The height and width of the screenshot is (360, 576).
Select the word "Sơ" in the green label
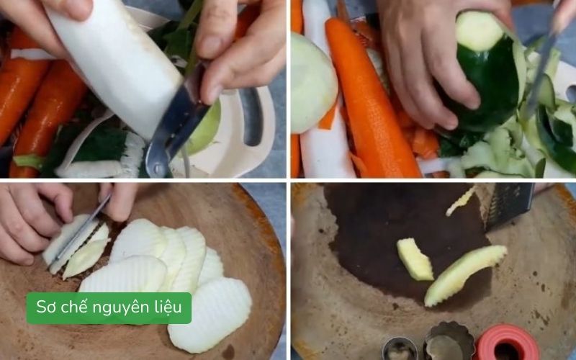tap(47, 308)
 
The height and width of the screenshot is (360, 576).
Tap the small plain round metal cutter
tap(400, 349)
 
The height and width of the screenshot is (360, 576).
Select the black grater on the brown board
tap(508, 205)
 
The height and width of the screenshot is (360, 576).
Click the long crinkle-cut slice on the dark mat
tap(464, 274)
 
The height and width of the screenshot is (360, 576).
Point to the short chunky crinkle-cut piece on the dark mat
tap(415, 259)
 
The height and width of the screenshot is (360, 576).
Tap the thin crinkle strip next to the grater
tap(461, 201)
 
